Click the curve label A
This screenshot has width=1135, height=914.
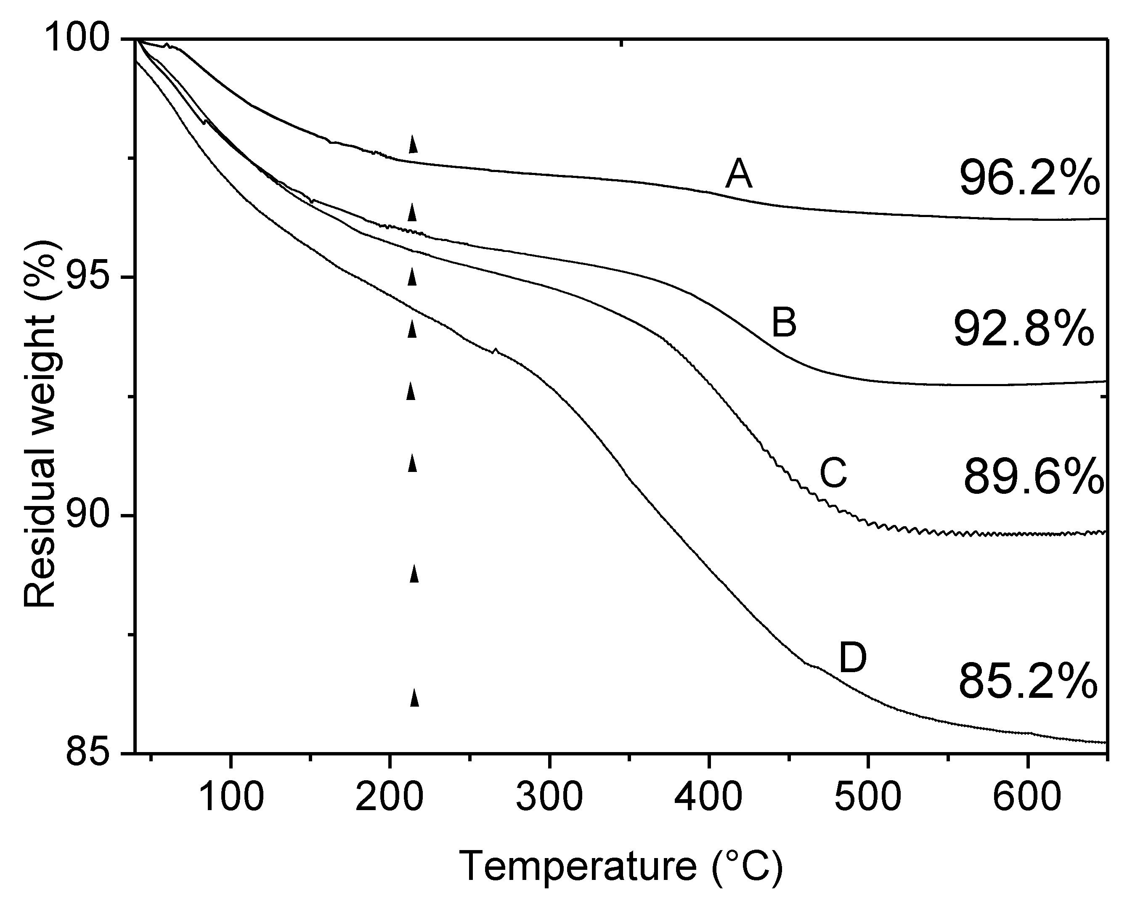coord(739,175)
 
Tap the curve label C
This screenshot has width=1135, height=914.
coord(833,473)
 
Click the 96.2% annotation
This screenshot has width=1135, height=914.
coord(1029,180)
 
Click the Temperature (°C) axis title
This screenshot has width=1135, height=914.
coord(622,866)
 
